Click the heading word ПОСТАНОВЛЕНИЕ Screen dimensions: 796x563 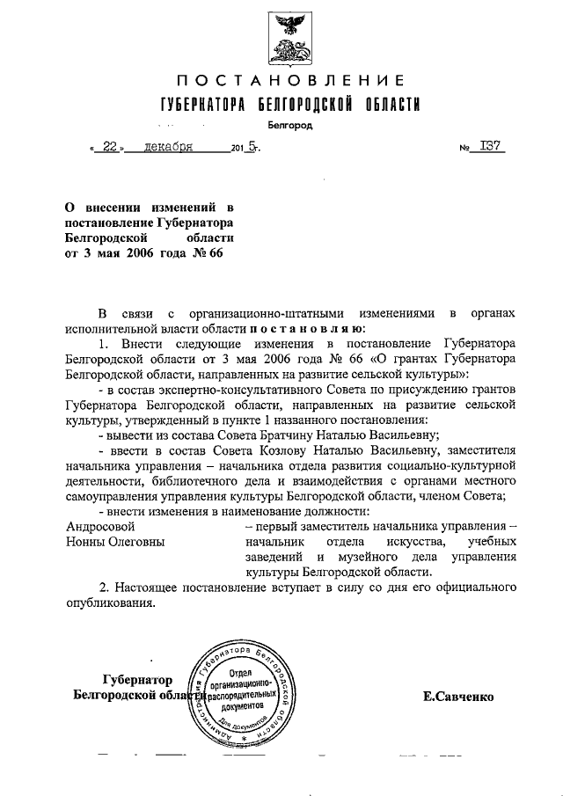[289, 82]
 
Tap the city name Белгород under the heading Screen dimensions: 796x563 [290, 126]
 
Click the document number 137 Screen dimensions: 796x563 [491, 148]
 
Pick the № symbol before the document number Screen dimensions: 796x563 [466, 150]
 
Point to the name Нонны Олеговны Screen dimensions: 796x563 [116, 542]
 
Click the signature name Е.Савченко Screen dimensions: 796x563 [458, 696]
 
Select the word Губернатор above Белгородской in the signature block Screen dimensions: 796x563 [143, 679]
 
